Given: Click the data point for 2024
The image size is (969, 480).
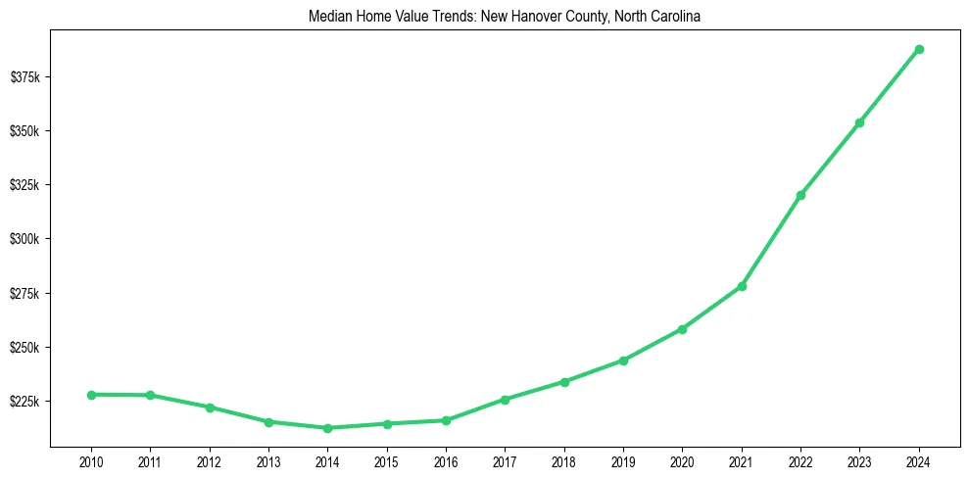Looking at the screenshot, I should click(919, 49).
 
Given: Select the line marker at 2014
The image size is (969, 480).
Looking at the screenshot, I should click(327, 428).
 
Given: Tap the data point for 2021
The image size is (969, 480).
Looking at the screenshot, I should click(742, 286).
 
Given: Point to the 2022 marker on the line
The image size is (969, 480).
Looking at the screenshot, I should click(800, 195).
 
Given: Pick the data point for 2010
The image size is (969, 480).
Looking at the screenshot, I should click(91, 395).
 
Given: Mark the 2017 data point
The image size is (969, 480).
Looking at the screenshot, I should click(505, 400).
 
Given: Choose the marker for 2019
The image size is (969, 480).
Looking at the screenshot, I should click(623, 360).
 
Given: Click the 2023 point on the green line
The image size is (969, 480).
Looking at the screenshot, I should click(859, 122).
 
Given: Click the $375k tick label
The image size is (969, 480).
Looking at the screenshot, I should click(24, 77).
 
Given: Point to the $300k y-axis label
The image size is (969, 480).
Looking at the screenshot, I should click(24, 239).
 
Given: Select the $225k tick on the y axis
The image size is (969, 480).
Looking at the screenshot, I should click(24, 402).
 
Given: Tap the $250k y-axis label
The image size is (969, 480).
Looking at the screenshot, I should click(24, 348).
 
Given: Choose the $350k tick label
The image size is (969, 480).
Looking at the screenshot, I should click(24, 131).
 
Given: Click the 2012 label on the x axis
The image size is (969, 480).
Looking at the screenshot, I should click(209, 460).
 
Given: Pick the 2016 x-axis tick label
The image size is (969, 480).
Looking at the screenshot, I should click(446, 460).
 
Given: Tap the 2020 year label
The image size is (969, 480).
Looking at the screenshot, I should click(682, 460).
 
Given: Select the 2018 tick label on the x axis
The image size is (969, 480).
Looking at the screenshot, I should click(564, 460).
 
